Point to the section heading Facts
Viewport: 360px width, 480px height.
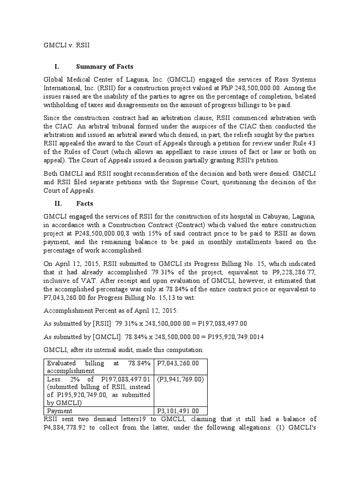(x=84, y=203)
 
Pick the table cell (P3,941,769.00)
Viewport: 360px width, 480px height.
(x=180, y=379)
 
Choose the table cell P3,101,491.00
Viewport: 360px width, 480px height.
(x=178, y=411)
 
